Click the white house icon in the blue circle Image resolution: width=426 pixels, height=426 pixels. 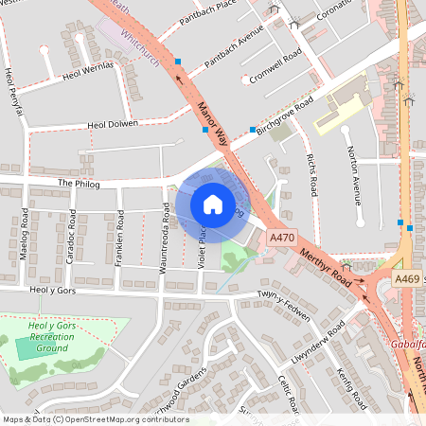point(213,204)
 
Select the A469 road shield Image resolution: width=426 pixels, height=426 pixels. point(407,278)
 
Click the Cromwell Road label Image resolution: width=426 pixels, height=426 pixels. point(275,68)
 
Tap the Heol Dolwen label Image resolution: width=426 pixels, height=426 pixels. point(113,124)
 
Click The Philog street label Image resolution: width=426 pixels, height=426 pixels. point(78,183)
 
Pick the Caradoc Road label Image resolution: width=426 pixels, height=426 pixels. point(72,242)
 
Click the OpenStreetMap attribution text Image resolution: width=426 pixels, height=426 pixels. point(95,419)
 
